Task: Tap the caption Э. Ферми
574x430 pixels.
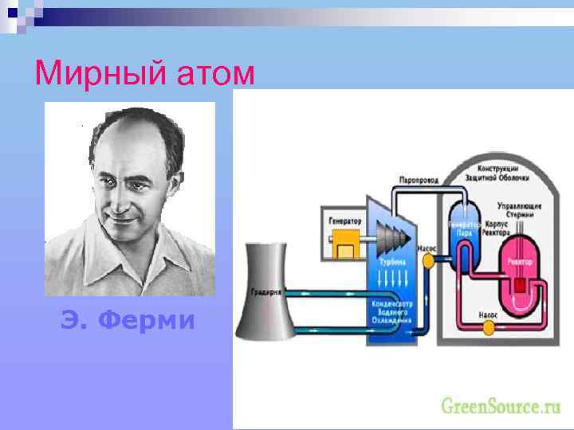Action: pos(128,320)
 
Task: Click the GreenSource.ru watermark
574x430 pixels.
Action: pos(501,406)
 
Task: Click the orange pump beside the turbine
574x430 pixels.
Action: pos(428,260)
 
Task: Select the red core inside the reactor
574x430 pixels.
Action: pos(520,283)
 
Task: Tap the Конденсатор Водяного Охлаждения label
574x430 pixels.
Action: pos(391,313)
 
